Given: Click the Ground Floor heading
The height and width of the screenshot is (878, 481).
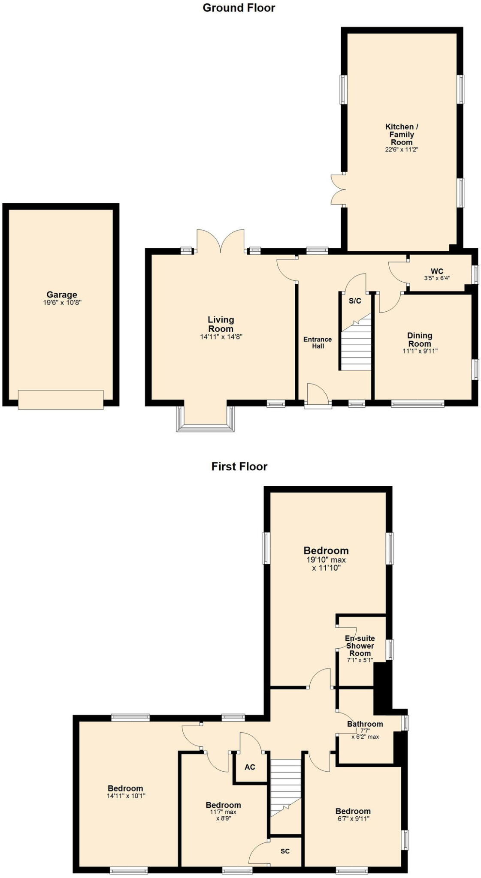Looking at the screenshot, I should click(x=239, y=8).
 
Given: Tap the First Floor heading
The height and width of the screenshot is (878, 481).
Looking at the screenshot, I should click(x=239, y=466).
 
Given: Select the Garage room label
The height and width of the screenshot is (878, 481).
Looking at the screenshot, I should click(x=62, y=295).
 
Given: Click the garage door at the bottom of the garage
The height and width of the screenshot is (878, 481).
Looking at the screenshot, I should click(x=61, y=400).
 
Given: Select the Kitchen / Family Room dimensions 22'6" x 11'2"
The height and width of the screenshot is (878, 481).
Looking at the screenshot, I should click(x=401, y=150).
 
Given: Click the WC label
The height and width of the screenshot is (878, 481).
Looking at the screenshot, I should click(x=437, y=271).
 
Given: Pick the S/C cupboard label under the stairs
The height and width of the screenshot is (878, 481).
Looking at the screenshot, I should click(x=355, y=301).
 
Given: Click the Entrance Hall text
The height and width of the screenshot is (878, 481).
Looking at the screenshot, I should click(x=318, y=343).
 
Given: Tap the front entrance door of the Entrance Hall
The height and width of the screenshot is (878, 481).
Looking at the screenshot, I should click(x=318, y=397).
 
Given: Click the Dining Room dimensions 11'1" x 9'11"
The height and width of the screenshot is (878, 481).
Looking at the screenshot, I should click(x=419, y=351).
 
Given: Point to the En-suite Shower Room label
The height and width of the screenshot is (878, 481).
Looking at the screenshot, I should click(x=360, y=646).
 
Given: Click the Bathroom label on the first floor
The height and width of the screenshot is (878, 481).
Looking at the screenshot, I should click(x=365, y=724).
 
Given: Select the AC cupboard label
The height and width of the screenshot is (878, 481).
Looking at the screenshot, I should click(x=250, y=767).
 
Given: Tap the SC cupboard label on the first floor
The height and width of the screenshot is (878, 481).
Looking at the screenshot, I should click(x=285, y=851).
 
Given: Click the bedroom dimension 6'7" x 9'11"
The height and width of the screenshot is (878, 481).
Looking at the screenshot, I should click(x=353, y=818).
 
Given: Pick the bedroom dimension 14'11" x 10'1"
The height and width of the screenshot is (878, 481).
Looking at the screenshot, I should click(x=126, y=796).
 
